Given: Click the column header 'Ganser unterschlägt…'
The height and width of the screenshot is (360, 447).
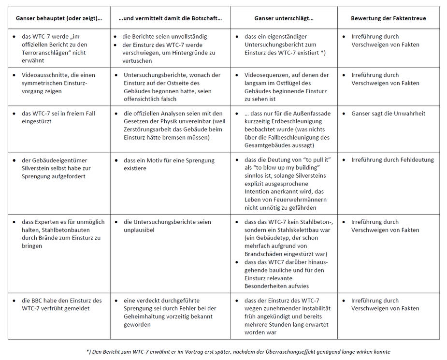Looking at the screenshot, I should coord(284,18).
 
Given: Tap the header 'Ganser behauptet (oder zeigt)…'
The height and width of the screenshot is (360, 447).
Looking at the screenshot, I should coord(59,18).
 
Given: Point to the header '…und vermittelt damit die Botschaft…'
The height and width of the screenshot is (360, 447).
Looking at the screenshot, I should coord(170,18).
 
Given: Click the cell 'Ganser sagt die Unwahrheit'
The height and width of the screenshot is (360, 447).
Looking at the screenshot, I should coord(389,114).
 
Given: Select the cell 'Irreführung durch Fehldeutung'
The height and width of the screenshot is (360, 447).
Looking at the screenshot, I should coord(392,160).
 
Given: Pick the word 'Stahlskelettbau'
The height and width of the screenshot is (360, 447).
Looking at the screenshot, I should coord(307,230).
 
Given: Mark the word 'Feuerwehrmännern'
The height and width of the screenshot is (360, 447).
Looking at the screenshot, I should coord(302,200).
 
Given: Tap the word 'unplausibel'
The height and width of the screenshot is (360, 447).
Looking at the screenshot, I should coord(139,230).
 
